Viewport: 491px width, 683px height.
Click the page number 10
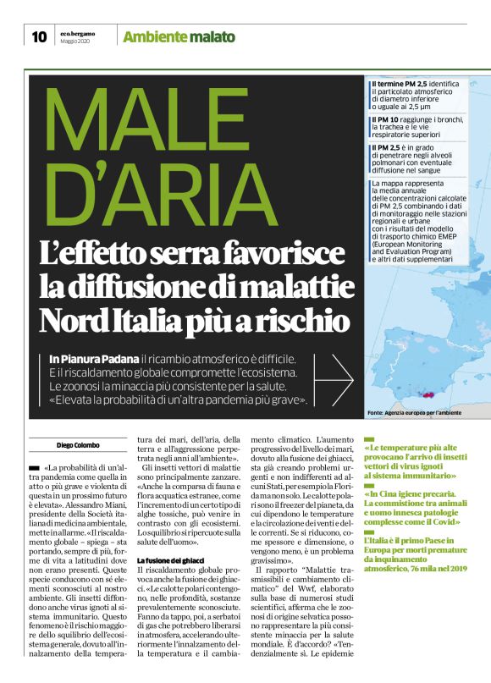point(39,36)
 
